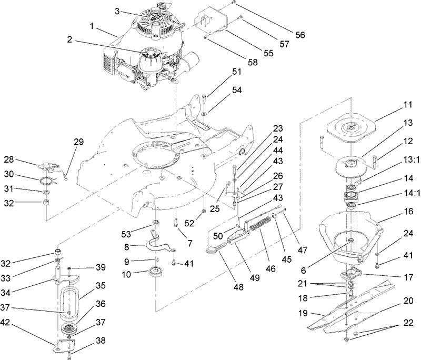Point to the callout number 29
pos(79,142)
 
